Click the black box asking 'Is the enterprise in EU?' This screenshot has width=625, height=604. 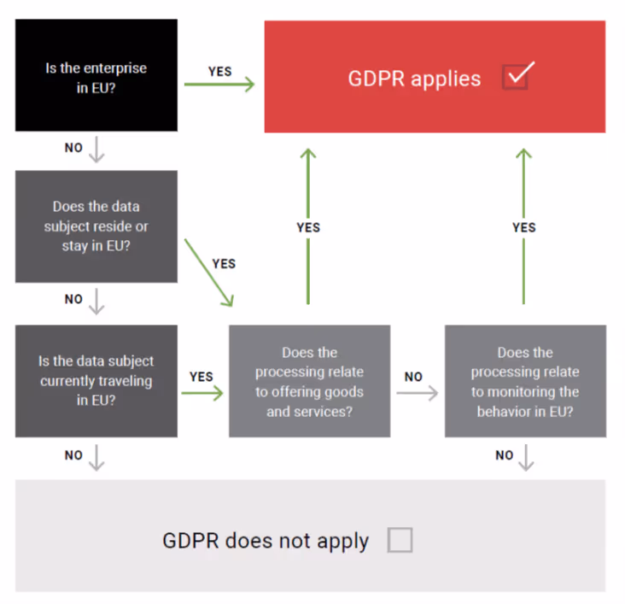coord(96,76)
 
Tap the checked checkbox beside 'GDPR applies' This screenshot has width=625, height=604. coord(517,77)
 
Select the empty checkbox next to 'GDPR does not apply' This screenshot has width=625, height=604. coord(400,540)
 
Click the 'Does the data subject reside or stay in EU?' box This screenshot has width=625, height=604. coord(96,226)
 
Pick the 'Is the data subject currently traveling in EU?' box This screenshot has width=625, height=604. coord(96,381)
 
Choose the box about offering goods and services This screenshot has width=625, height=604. coord(309,381)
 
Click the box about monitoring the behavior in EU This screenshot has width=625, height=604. coord(525,381)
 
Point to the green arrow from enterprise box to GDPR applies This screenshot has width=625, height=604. coord(220,85)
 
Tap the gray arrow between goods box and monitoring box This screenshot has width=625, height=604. coord(417,393)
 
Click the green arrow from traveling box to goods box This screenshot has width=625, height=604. coord(202,393)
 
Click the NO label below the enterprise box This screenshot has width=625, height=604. coord(74,148)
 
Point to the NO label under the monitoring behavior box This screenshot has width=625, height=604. coord(505,455)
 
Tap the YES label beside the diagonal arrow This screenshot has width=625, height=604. coord(224,264)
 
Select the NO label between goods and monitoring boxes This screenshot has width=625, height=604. coord(413,377)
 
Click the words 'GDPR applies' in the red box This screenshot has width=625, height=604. coord(414,79)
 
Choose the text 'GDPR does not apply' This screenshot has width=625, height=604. coord(266,541)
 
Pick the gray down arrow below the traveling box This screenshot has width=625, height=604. coord(96,459)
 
